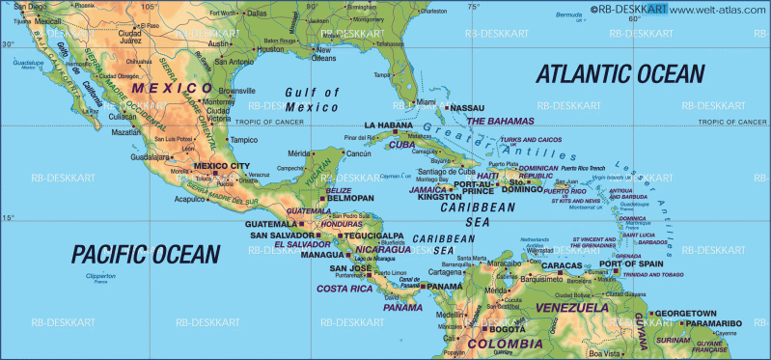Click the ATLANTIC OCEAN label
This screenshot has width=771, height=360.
pyautogui.click(x=620, y=74)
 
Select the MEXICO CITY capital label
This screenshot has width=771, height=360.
pyautogui.click(x=222, y=166)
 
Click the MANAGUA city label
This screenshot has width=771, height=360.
pyautogui.click(x=323, y=255)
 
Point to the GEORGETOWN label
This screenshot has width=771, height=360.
pyautogui.click(x=684, y=313)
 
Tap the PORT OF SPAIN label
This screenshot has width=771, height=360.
pyautogui.click(x=631, y=263)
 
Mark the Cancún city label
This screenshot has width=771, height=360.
pyautogui.click(x=358, y=153)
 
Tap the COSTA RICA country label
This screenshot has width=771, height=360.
pyautogui.click(x=344, y=289)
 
